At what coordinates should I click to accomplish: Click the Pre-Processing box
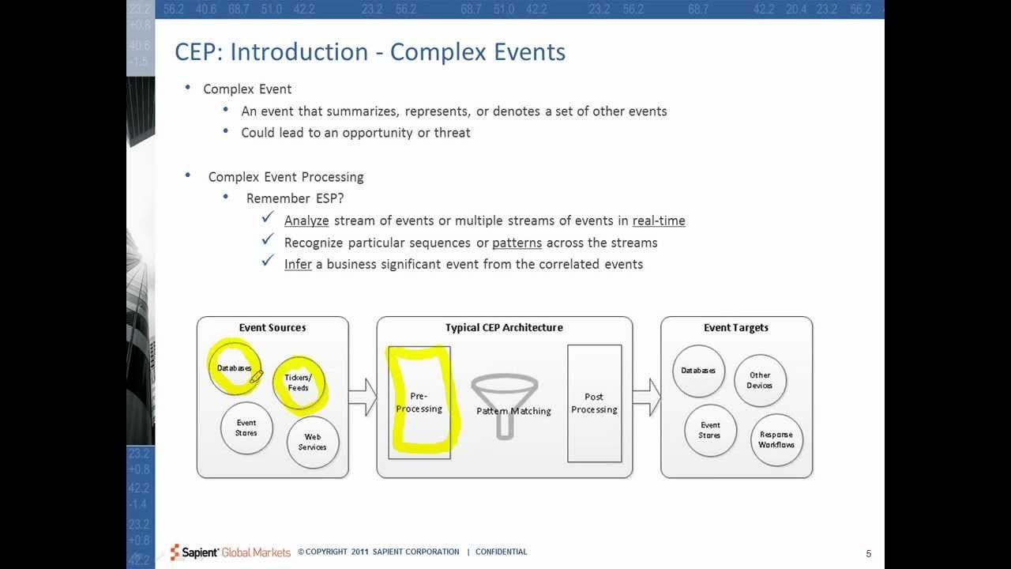419,402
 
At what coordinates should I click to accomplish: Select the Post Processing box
594,403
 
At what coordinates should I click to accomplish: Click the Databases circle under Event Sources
235,368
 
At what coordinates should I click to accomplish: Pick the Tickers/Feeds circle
299,382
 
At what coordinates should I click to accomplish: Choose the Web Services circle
313,442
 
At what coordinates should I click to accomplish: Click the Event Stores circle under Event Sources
246,428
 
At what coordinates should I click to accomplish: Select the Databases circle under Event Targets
698,371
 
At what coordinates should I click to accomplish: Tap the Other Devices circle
760,381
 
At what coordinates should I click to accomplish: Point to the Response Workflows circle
776,439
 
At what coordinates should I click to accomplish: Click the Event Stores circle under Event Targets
710,431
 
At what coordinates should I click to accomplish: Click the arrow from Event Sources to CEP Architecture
363,397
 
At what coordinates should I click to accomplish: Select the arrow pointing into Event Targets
646,397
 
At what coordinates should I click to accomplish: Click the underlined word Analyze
306,221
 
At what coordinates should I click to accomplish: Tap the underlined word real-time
659,221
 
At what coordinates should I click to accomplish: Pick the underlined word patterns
517,243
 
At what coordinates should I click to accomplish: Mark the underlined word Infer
298,264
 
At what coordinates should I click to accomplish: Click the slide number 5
869,553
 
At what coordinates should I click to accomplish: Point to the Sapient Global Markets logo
231,552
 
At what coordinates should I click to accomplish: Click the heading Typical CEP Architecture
504,327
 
